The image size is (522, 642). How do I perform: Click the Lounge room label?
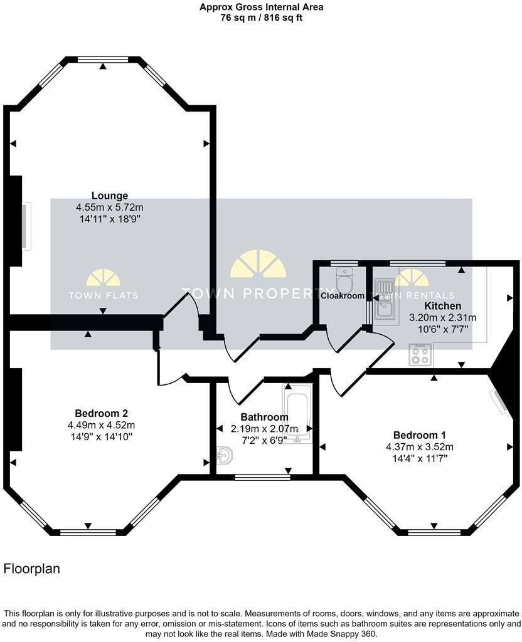110,196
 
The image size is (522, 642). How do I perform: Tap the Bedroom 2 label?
102,413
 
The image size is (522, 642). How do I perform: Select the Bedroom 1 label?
419,435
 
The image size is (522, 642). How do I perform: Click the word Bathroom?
264,417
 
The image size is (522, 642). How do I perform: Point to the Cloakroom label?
343,295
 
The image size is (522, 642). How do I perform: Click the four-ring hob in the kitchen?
420,355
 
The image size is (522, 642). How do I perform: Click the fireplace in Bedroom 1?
500,401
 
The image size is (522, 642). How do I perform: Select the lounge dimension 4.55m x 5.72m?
110,207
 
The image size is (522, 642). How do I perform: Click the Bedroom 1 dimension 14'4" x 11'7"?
419,458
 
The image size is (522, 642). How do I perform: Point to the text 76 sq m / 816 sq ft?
261,18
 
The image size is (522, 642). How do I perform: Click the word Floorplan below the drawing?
32,569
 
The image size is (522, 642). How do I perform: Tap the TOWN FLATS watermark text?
104,295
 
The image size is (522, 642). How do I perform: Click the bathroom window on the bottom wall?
262,477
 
